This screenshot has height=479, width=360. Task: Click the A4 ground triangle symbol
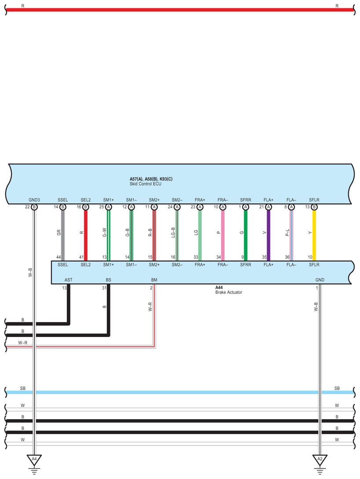tap(33, 460)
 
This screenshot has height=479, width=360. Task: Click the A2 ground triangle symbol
tap(320, 460)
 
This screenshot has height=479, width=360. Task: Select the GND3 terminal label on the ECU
tap(34, 200)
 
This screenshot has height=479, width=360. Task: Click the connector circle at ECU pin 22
tap(34, 207)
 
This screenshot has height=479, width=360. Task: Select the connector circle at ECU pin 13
tap(314, 207)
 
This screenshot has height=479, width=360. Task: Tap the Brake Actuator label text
tap(229, 293)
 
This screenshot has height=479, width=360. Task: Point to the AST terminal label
tap(69, 280)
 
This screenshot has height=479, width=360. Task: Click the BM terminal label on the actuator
tap(154, 280)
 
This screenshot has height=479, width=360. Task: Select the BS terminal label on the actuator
tap(108, 280)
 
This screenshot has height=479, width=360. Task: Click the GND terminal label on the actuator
tap(320, 280)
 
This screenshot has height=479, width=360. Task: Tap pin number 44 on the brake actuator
tap(58, 257)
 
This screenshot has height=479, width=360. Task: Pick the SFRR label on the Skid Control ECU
tap(245, 200)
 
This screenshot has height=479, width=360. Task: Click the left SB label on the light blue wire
tap(22, 388)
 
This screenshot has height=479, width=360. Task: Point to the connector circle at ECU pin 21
tap(268, 207)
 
